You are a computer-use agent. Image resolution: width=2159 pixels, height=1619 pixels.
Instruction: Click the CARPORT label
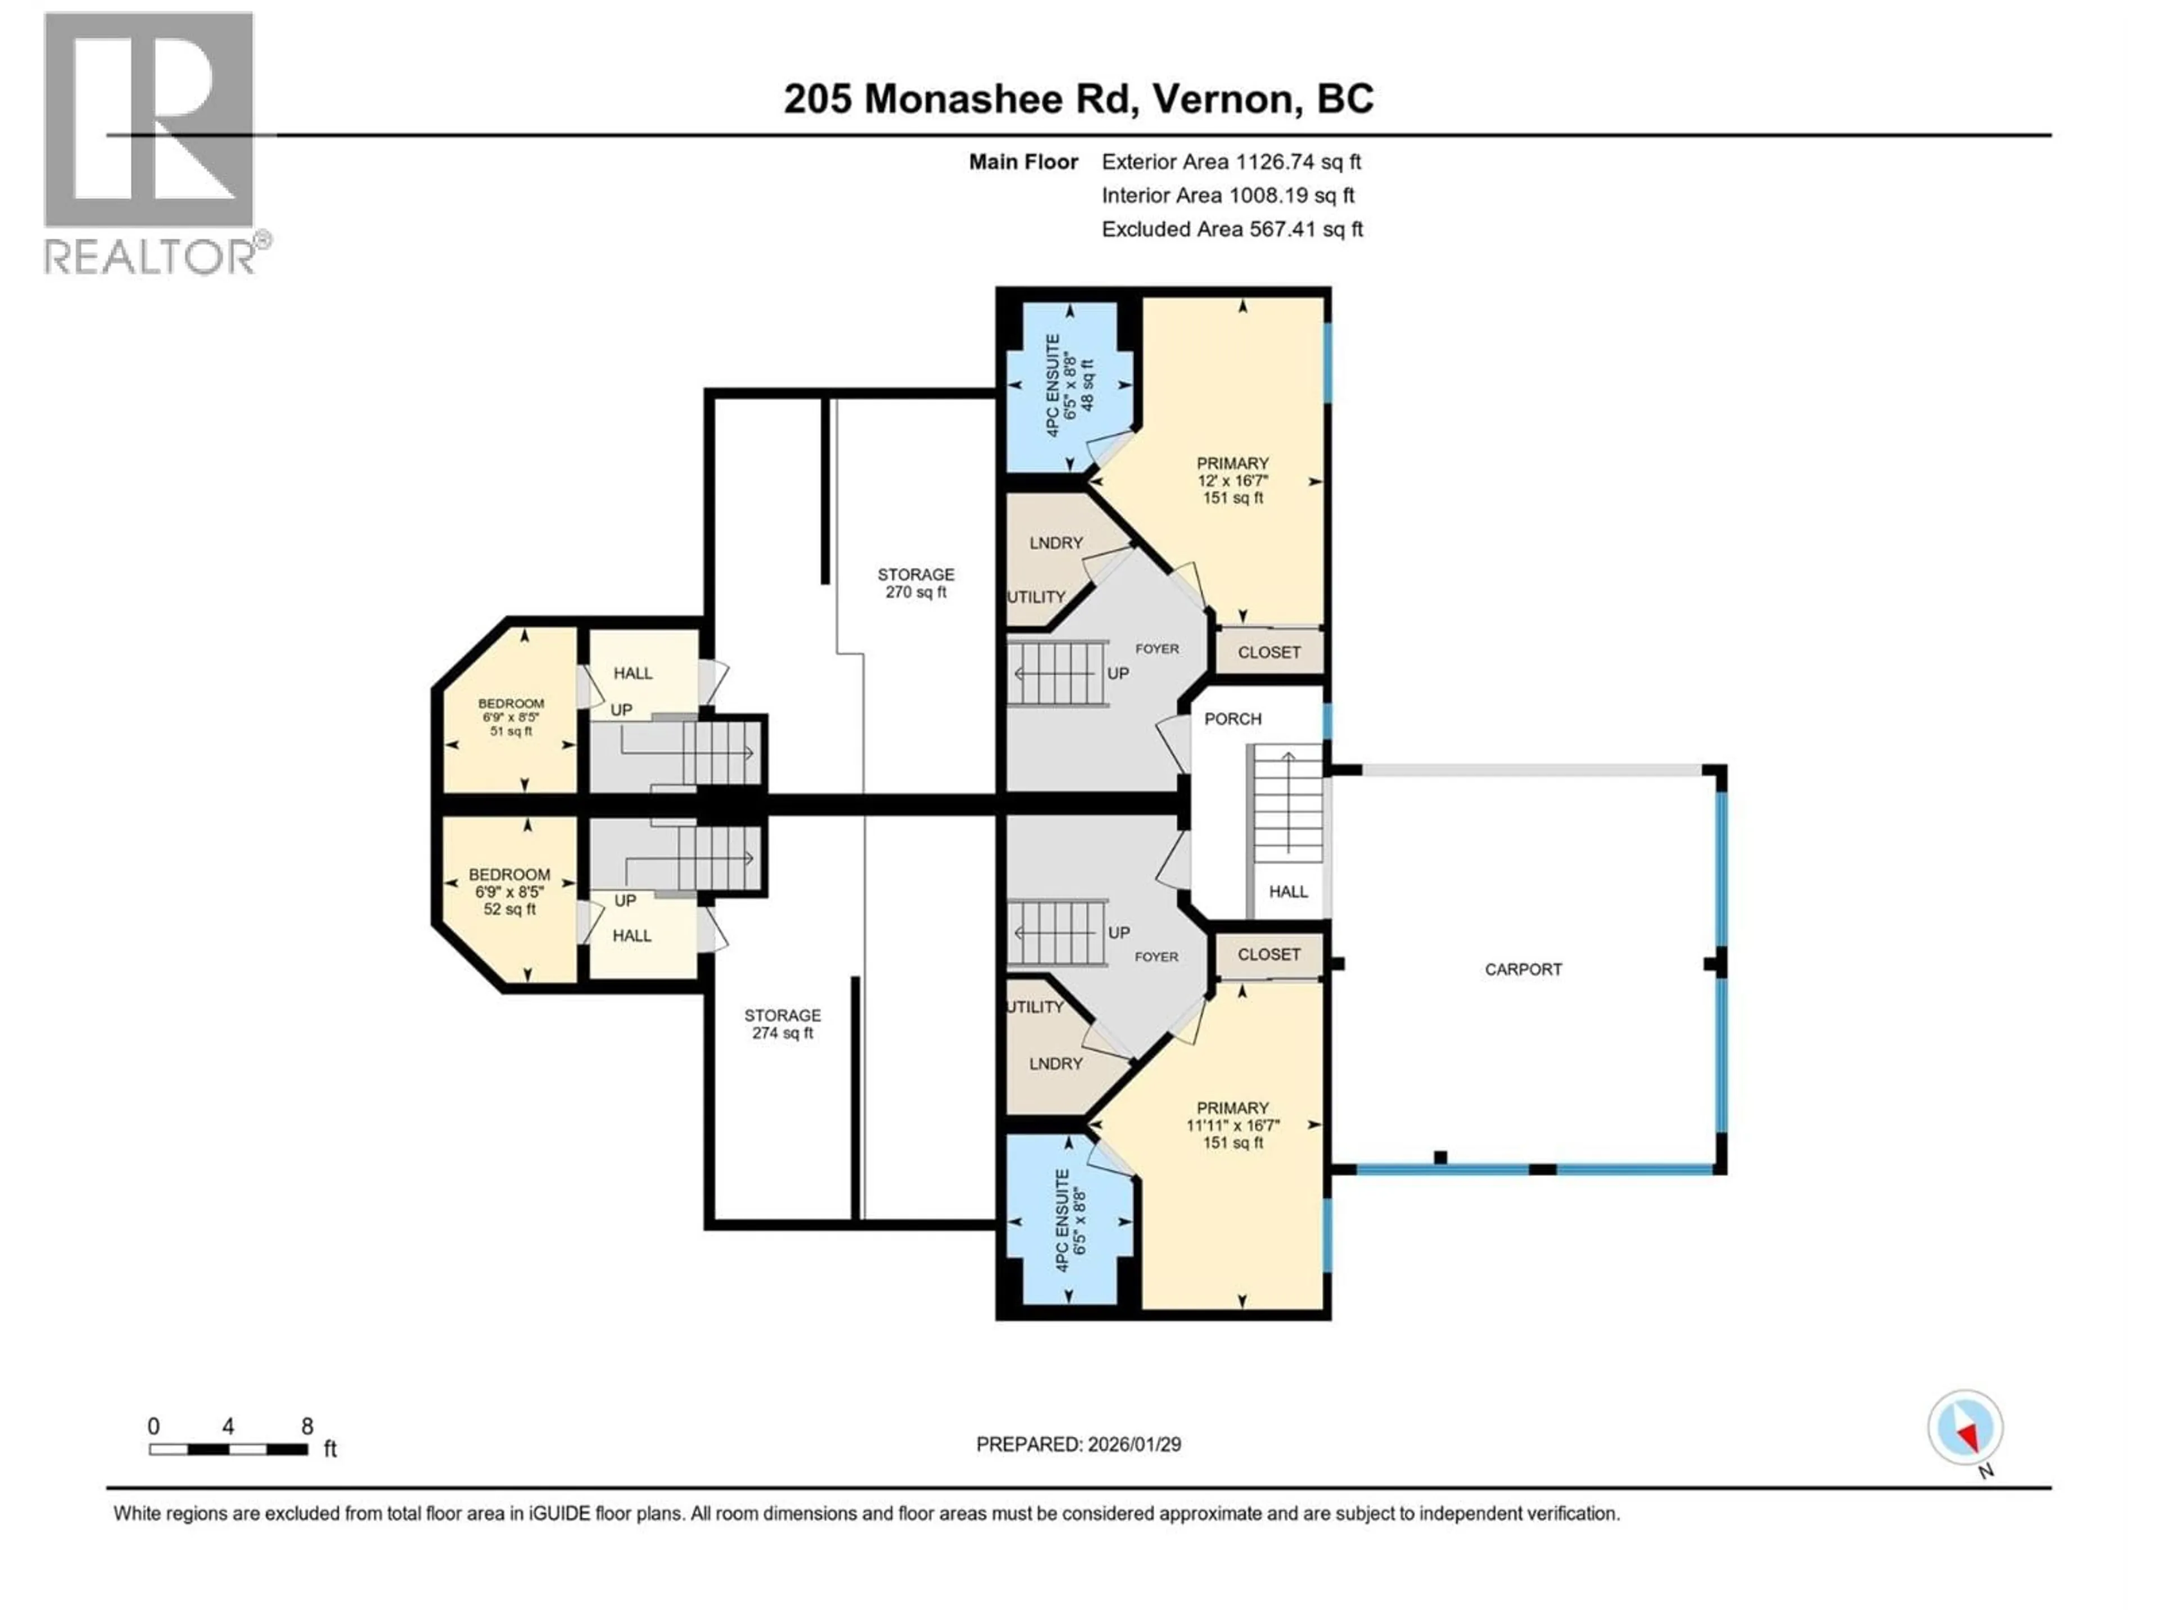[1523, 969]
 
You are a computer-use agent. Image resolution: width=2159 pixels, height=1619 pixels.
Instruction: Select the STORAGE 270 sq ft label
[915, 582]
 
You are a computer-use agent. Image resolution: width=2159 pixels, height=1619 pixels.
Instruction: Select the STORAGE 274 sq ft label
[782, 1024]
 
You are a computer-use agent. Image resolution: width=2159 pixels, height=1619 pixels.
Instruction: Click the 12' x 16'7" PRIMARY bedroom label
[1233, 480]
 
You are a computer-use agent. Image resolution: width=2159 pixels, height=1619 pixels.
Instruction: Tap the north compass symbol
[1965, 1428]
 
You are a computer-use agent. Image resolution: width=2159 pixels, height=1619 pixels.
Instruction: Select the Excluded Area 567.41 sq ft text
[1232, 229]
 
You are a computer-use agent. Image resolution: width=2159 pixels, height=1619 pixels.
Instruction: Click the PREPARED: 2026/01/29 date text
[1078, 1444]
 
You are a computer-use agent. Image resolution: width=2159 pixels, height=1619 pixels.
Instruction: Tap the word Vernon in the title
[1226, 98]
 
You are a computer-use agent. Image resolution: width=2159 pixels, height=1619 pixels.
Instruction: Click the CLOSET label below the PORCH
[1269, 955]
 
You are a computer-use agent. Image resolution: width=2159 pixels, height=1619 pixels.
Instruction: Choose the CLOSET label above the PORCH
[1269, 652]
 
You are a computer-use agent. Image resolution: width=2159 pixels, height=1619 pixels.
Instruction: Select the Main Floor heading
[1023, 162]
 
